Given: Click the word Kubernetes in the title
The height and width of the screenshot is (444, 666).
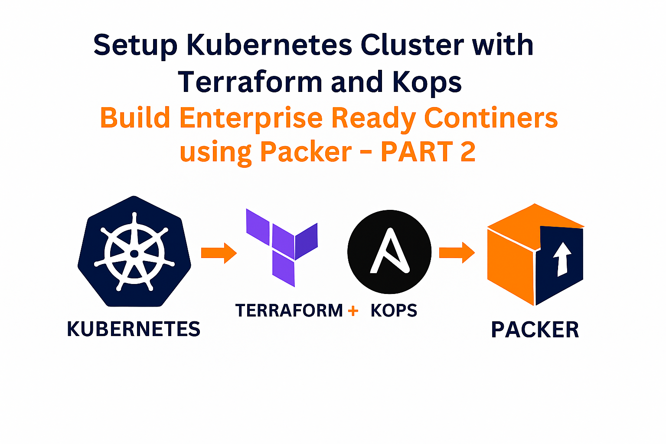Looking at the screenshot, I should pyautogui.click(x=269, y=45).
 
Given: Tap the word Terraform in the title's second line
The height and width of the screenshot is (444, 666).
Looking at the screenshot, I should pyautogui.click(x=250, y=82).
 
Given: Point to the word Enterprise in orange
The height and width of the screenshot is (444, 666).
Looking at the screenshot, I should pyautogui.click(x=251, y=119).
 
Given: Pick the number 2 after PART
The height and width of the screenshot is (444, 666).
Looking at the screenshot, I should pyautogui.click(x=468, y=152).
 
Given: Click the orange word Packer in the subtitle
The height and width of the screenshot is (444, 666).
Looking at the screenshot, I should pyautogui.click(x=306, y=152).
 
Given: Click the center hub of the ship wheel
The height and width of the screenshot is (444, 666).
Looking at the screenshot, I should pyautogui.click(x=134, y=254).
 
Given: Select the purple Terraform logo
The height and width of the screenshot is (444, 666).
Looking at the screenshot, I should pyautogui.click(x=282, y=247).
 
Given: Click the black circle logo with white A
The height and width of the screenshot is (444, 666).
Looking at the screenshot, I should pyautogui.click(x=389, y=252).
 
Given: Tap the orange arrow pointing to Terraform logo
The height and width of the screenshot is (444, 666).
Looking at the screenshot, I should pyautogui.click(x=219, y=252).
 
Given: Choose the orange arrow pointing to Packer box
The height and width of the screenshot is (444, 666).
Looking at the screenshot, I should pyautogui.click(x=457, y=252).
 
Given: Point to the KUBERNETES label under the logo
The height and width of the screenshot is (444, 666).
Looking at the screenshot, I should pyautogui.click(x=134, y=329).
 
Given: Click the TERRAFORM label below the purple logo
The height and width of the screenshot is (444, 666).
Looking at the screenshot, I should pyautogui.click(x=289, y=310).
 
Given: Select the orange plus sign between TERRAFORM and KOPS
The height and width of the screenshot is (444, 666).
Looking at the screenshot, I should pyautogui.click(x=353, y=310).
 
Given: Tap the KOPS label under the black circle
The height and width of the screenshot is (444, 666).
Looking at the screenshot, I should pyautogui.click(x=394, y=310).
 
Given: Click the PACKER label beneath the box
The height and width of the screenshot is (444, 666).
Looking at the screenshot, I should pyautogui.click(x=535, y=330).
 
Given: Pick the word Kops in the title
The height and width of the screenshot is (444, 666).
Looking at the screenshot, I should pyautogui.click(x=427, y=82).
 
